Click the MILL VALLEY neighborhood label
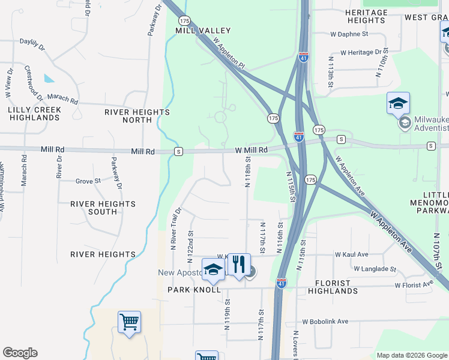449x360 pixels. (194, 30)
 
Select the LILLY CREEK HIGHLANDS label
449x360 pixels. (34, 113)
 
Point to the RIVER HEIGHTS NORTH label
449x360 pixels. (137, 116)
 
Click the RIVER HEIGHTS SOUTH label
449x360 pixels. (103, 208)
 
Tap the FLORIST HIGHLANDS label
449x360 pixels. (333, 287)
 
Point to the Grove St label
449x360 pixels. (88, 181)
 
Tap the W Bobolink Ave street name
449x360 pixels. (325, 322)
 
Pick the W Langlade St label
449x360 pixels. (375, 269)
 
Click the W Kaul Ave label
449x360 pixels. (357, 254)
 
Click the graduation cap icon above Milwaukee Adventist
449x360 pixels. (398, 104)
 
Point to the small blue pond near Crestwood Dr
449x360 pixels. (48, 78)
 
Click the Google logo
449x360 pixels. (20, 353)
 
